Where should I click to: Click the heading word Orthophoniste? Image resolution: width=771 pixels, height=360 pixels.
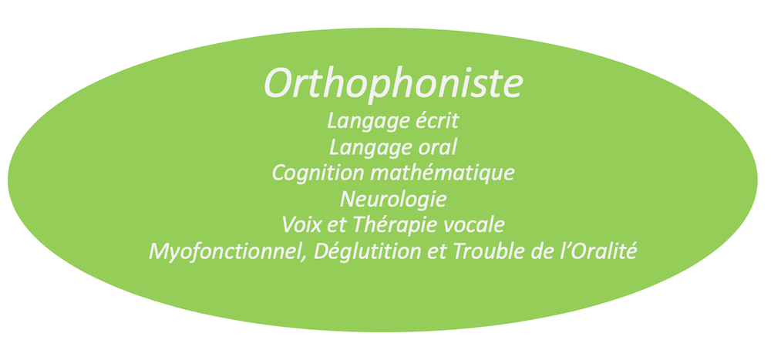tap(393, 83)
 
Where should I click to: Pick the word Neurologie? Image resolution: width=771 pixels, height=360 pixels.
tap(393, 200)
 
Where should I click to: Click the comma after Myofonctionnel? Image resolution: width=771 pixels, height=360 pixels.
tap(309, 257)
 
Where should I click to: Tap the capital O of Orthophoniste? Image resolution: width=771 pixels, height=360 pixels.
tap(281, 83)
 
